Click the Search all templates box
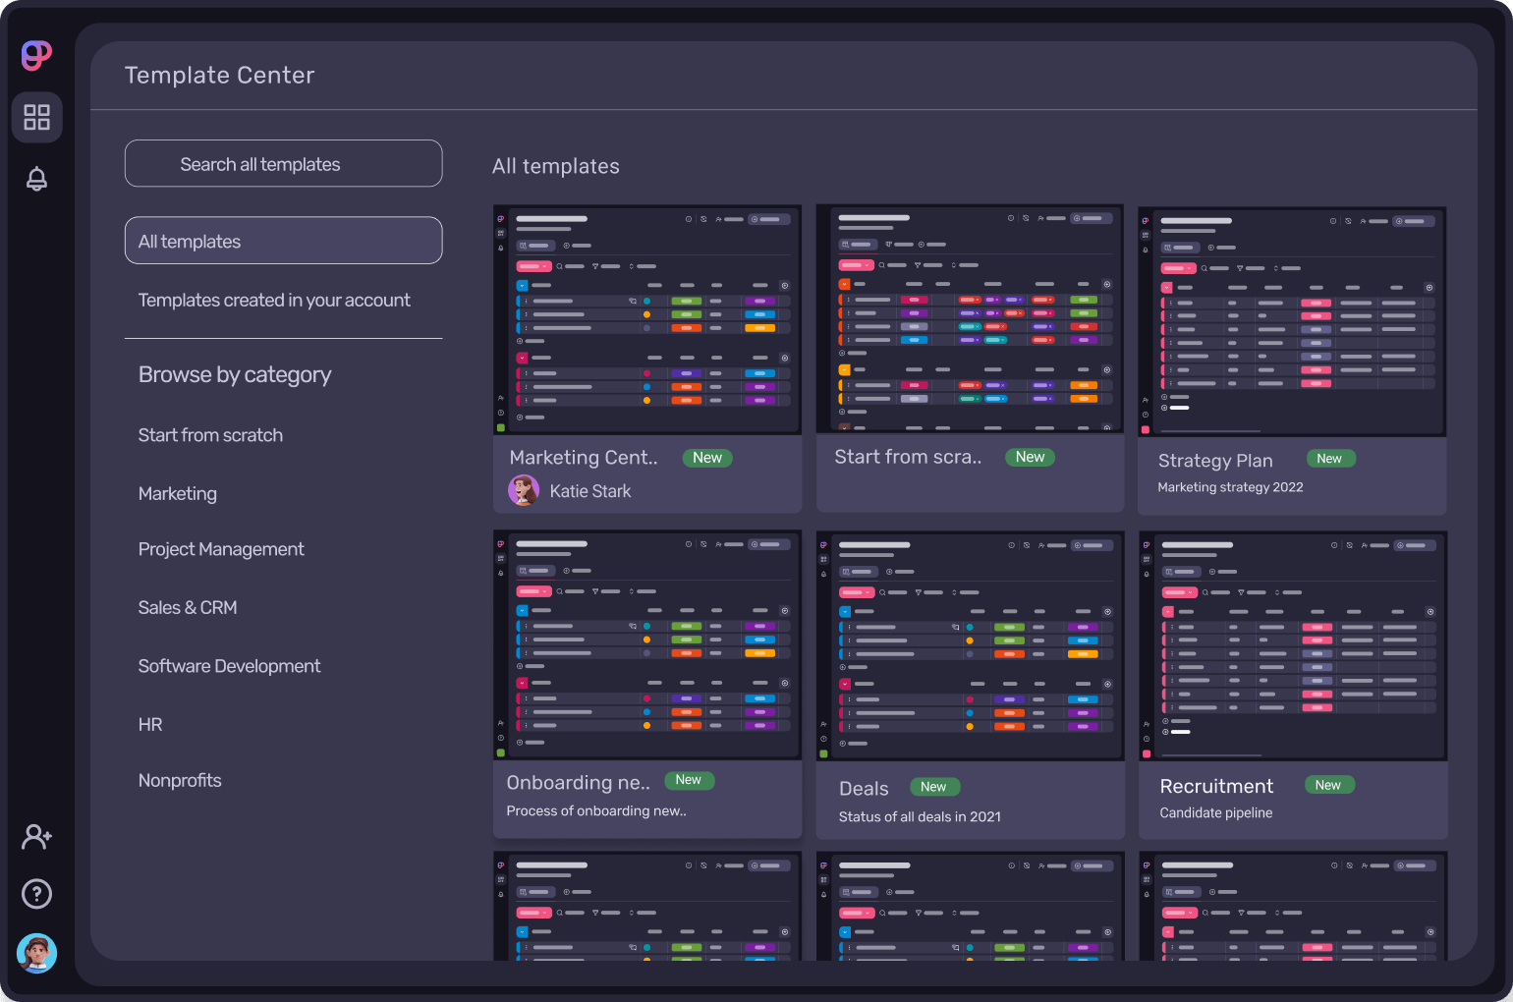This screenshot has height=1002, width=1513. (283, 164)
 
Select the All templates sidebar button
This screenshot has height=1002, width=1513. (283, 241)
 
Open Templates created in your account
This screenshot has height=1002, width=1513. (274, 301)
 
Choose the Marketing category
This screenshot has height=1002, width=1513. (178, 494)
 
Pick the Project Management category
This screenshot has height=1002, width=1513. (221, 549)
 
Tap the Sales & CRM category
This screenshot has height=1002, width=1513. (188, 608)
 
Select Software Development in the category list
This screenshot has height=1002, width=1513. (229, 666)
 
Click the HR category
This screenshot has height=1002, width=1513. (150, 725)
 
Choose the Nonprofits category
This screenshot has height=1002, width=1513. (180, 781)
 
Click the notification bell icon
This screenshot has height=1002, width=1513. (36, 179)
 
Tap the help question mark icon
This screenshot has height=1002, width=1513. (36, 894)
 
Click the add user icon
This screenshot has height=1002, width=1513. (36, 837)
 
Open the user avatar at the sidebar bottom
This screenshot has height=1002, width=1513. (36, 953)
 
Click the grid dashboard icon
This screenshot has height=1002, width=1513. (36, 118)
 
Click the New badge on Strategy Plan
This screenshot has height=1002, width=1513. (1329, 459)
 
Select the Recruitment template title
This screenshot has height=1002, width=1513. (1216, 787)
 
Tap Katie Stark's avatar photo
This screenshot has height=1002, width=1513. (524, 490)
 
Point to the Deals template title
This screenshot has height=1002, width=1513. (864, 789)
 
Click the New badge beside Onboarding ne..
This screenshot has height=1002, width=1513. (689, 780)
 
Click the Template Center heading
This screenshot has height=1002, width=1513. (220, 76)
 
